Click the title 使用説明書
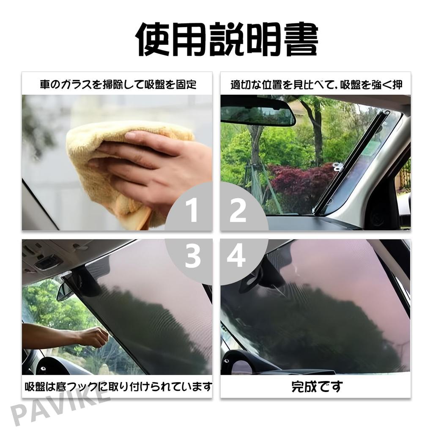coord(226,40)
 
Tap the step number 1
coord(192,211)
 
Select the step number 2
coord(238,211)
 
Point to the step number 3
coord(192,256)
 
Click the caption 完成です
coord(317,386)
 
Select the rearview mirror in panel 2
coord(258,115)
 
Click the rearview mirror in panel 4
coord(254,279)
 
